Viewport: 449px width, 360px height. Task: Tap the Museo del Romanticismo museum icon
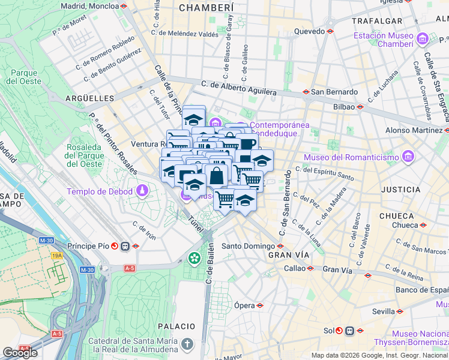(x=408, y=157)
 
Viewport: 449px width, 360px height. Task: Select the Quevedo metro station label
(x=309, y=31)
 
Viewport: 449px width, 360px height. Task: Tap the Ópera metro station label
(x=245, y=305)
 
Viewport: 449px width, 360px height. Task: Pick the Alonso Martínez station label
(x=414, y=130)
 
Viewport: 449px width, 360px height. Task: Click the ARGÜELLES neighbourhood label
(x=89, y=98)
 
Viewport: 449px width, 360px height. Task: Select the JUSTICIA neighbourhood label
(x=400, y=189)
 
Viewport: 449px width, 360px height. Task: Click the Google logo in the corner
(x=20, y=353)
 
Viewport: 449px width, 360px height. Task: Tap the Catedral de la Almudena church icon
(x=188, y=344)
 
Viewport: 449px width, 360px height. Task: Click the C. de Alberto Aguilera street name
(x=239, y=88)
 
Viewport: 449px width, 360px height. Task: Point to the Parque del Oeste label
(x=23, y=77)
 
